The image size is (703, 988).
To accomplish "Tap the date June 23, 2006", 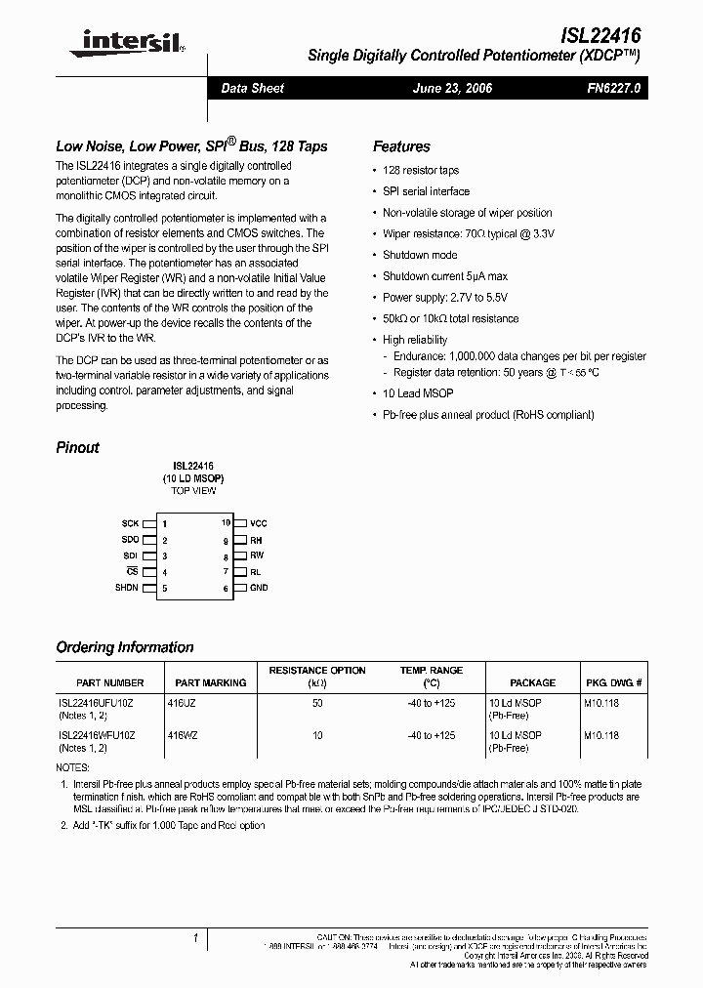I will point(452,89).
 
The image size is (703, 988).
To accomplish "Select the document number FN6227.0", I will point(613,89).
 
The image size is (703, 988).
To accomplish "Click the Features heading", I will point(401,146).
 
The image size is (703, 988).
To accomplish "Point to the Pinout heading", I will point(77,448).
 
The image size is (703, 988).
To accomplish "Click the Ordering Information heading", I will point(125,647).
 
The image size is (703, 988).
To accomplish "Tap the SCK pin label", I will point(131,524).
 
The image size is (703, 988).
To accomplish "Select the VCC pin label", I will point(258,524).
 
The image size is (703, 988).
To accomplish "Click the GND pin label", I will point(259,588).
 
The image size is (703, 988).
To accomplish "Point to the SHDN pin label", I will point(127,588).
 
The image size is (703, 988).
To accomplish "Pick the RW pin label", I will point(257,556).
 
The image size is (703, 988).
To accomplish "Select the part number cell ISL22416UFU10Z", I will point(97,703).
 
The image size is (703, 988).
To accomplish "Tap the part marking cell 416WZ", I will point(183,734).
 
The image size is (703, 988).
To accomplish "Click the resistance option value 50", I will point(317,703).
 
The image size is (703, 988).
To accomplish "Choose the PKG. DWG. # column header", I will point(613,683).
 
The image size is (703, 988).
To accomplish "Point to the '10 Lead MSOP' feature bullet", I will point(418,393).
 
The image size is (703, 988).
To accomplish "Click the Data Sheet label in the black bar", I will point(252,89).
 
